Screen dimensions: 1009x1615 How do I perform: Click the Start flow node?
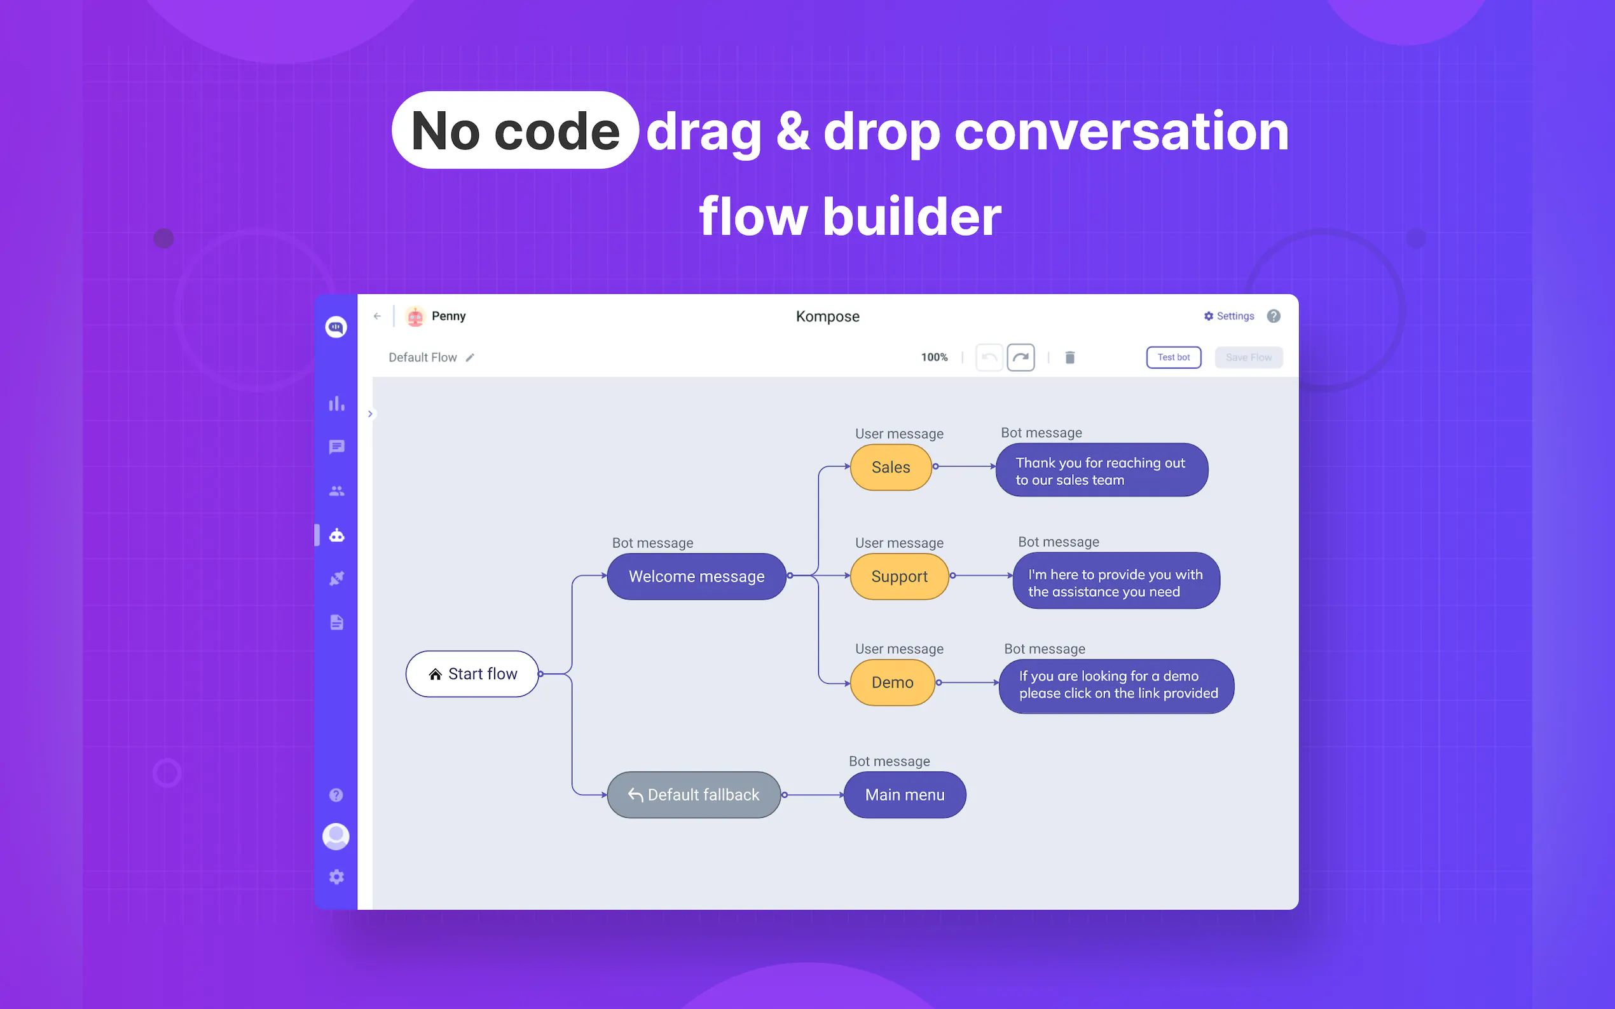click(x=472, y=674)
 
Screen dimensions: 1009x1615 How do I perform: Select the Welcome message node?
click(x=696, y=576)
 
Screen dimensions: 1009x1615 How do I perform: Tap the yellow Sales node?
click(x=891, y=467)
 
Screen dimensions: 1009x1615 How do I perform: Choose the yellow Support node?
click(x=898, y=576)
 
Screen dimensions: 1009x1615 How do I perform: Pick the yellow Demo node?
click(x=892, y=682)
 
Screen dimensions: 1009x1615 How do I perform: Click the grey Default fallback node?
click(x=694, y=795)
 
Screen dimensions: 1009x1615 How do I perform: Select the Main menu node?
click(x=905, y=795)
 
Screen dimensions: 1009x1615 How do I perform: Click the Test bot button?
click(x=1173, y=358)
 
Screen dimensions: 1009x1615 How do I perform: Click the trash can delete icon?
click(x=1069, y=358)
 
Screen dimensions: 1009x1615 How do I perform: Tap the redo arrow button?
click(x=1020, y=358)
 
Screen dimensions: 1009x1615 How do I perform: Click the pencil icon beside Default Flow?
click(x=470, y=358)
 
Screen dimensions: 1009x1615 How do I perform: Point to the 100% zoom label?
click(x=934, y=358)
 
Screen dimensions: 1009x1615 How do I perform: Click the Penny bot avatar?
click(x=415, y=316)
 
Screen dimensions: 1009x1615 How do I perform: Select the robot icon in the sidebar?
click(x=336, y=535)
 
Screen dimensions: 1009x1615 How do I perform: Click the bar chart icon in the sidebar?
click(x=336, y=403)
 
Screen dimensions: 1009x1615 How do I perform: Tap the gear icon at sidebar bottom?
click(x=336, y=877)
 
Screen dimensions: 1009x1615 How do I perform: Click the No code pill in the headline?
click(x=515, y=131)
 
